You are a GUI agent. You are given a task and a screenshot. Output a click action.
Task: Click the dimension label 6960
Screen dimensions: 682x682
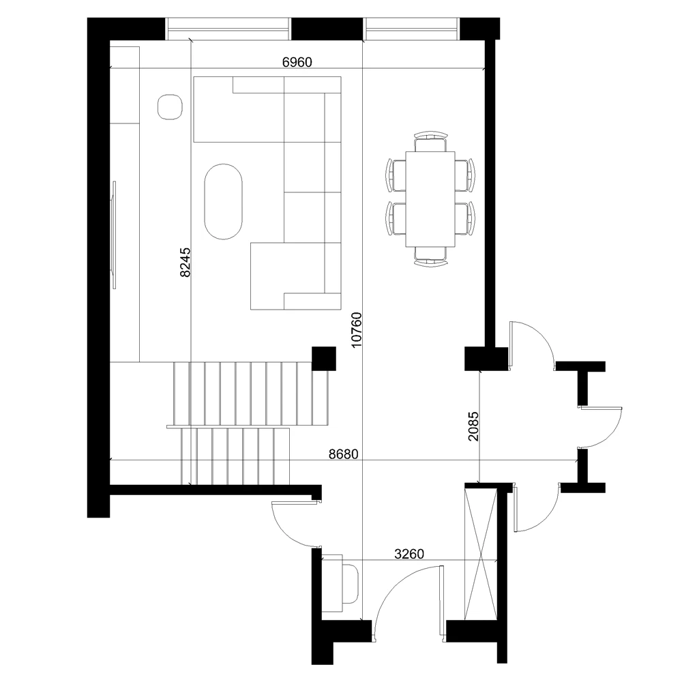tap(297, 62)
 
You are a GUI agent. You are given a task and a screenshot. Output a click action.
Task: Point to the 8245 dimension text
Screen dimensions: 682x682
tap(185, 263)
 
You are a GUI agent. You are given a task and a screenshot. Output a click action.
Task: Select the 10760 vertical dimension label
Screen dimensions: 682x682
tap(356, 329)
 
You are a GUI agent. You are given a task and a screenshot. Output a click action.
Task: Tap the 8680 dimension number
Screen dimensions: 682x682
tap(343, 454)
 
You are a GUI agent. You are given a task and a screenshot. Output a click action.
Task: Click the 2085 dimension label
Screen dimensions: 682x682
tap(473, 426)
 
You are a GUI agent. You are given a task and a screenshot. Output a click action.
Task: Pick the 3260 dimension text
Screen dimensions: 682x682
tap(409, 554)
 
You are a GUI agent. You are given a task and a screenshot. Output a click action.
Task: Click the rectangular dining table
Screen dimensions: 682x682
tap(430, 199)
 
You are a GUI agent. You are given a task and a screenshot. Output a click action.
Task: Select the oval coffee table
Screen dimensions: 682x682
tap(223, 201)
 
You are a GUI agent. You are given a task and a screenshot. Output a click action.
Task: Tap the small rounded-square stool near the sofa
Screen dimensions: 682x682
tap(170, 107)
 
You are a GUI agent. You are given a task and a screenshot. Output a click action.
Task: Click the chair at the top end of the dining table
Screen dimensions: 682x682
tap(430, 141)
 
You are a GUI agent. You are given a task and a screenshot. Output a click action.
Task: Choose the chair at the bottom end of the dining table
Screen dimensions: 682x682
tap(430, 256)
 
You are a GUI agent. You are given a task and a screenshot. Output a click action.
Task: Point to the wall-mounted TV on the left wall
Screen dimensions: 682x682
tap(115, 235)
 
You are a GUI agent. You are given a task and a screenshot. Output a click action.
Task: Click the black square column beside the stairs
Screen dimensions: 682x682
tap(323, 359)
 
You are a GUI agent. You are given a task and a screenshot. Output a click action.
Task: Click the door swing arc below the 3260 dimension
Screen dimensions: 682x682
tap(402, 587)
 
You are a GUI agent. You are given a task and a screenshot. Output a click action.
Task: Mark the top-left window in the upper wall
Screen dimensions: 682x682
tap(228, 29)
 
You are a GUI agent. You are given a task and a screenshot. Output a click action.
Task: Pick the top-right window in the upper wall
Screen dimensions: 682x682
tap(411, 29)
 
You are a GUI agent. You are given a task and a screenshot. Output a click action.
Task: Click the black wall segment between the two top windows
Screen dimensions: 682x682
tap(326, 29)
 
